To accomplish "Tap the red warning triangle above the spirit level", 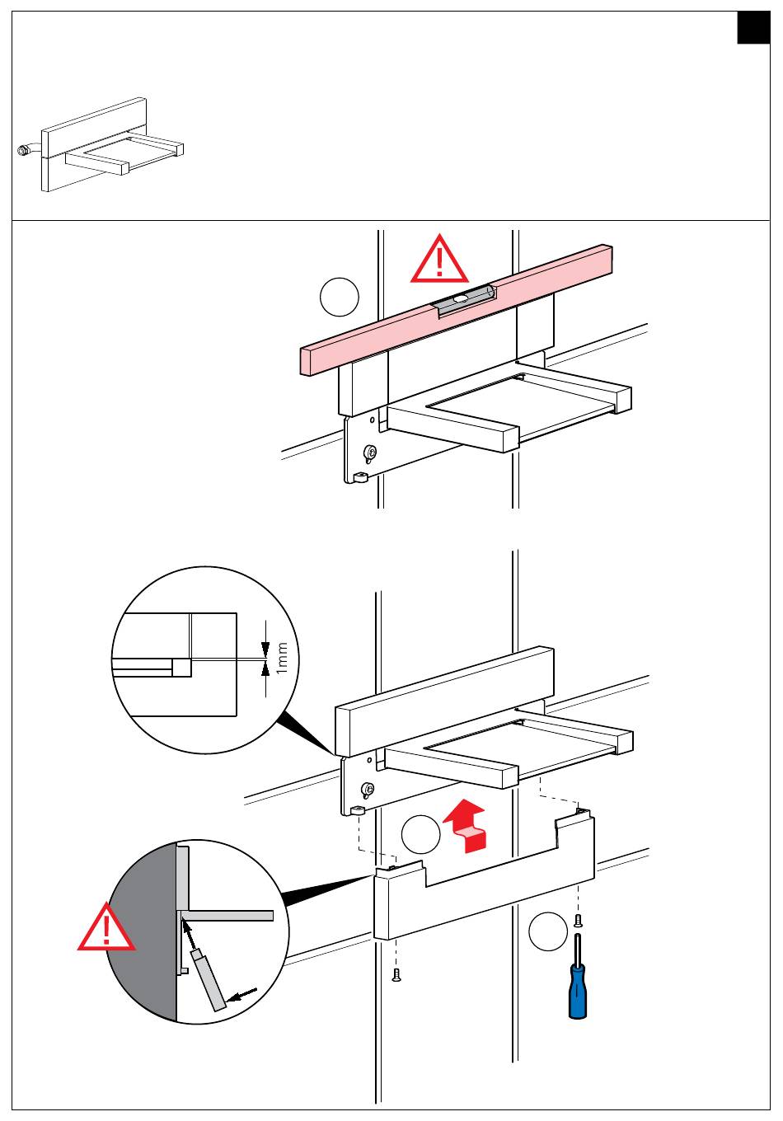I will (440, 260).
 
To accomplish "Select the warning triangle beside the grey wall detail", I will (108, 929).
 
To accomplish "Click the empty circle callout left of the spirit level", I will (340, 298).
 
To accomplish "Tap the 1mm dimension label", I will (282, 658).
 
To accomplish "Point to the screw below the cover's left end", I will (396, 977).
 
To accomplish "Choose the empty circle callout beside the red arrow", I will (421, 836).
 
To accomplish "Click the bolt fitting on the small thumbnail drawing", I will (23, 151).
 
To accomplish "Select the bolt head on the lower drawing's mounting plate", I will (368, 789).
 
